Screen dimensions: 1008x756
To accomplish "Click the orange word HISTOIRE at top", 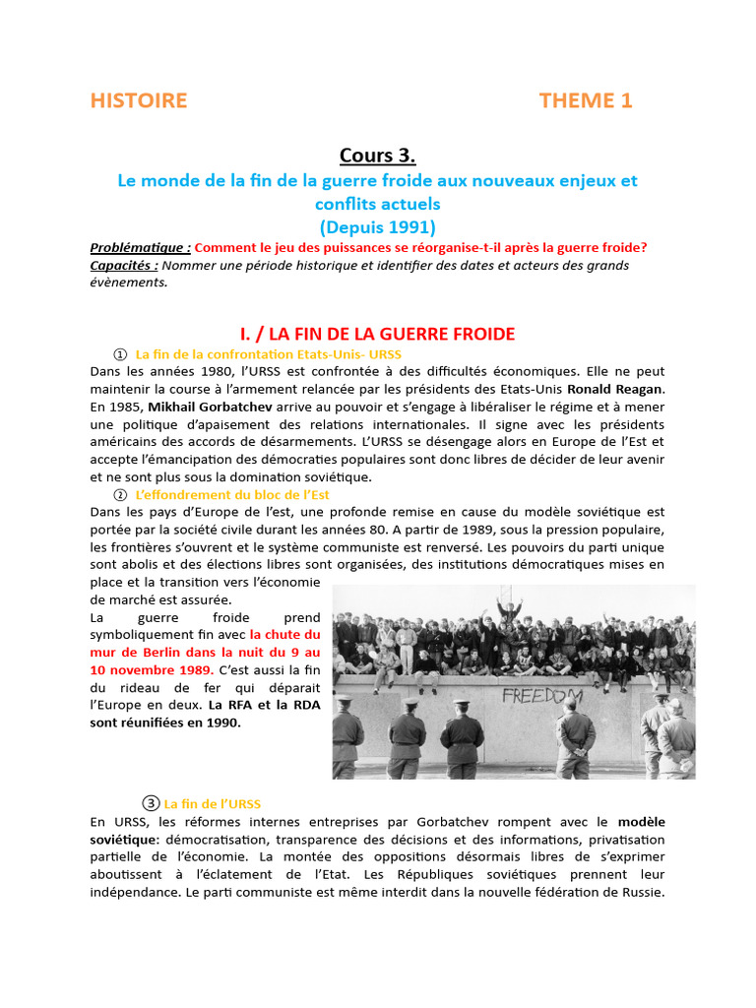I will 138,100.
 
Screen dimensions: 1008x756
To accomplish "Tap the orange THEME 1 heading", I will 586,100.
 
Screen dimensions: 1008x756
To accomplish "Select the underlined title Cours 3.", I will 378,156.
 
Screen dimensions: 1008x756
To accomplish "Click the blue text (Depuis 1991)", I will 378,226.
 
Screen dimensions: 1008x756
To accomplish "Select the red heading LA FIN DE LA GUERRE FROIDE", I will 378,334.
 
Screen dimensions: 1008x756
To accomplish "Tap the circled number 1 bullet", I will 120,353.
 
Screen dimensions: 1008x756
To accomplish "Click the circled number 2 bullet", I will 120,495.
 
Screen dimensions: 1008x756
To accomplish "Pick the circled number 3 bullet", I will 151,803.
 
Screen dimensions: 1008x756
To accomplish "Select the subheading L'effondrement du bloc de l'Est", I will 232,495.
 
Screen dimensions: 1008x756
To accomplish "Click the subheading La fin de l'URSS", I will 212,803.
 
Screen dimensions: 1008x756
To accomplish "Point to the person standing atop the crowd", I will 509,607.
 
